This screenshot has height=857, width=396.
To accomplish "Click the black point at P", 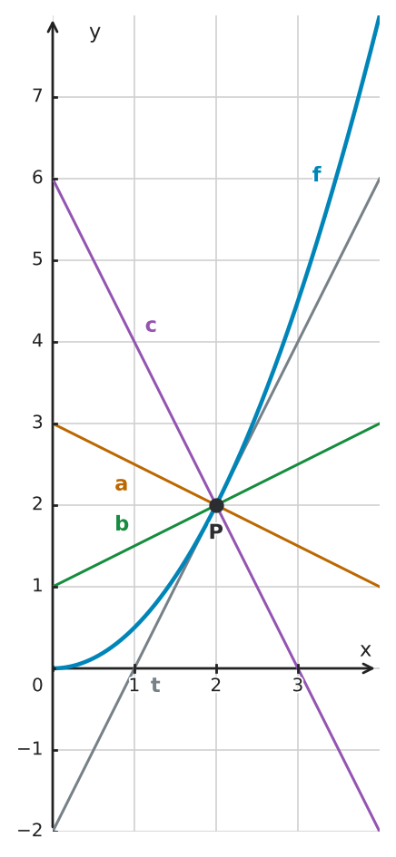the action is (x=216, y=505).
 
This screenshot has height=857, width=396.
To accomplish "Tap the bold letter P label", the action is (x=216, y=531).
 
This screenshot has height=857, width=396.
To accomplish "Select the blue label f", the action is (x=317, y=174).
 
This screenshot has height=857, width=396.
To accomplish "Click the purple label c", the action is (x=151, y=326).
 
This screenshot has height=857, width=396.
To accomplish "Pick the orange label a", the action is (x=121, y=484).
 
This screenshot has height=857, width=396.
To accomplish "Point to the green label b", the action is (x=122, y=523).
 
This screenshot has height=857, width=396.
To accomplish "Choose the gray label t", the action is (x=155, y=685).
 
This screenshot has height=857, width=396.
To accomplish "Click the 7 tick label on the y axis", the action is (x=37, y=96).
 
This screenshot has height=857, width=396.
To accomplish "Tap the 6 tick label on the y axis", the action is (x=37, y=178).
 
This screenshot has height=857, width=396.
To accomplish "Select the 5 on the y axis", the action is (x=37, y=259).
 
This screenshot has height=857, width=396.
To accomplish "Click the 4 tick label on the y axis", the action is (x=37, y=341).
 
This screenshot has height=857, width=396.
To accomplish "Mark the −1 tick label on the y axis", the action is (x=30, y=749).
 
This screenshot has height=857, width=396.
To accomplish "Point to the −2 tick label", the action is (x=30, y=831).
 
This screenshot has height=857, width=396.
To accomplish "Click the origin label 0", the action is (x=37, y=685).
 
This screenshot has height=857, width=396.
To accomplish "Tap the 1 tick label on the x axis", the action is (x=134, y=685).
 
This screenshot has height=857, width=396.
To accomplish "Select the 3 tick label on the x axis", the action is (x=297, y=685).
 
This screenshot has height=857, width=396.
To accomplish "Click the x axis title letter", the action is (x=365, y=650).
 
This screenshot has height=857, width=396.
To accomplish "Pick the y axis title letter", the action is (x=94, y=34).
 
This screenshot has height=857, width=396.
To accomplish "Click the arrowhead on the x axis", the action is (x=368, y=667).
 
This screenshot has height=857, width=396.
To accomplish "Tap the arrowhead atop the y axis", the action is (x=53, y=26).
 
